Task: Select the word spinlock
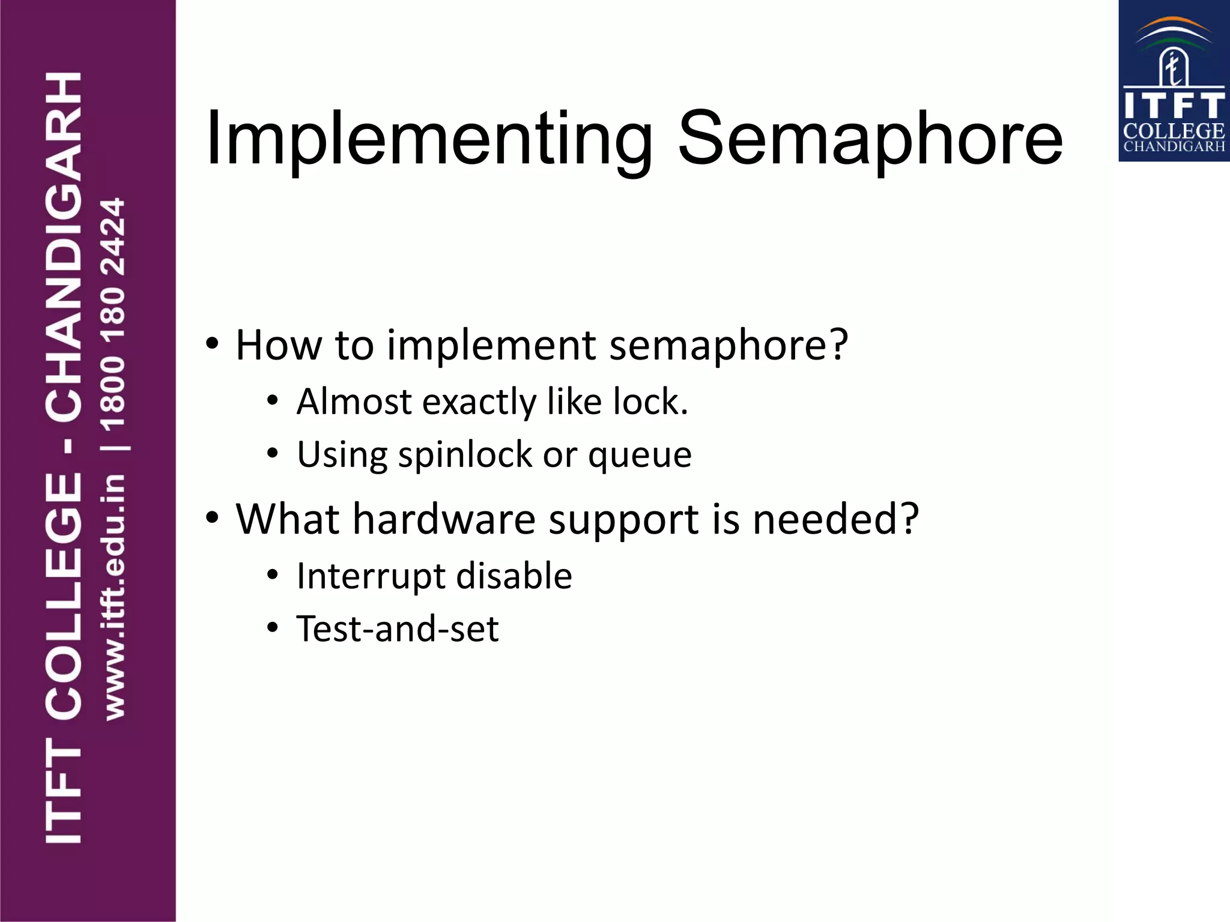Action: [x=465, y=455]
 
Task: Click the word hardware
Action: [x=444, y=519]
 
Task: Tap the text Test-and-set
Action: [x=398, y=629]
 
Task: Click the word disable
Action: [x=514, y=576]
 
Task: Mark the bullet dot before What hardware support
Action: [x=211, y=517]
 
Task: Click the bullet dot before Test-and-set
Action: [x=273, y=628]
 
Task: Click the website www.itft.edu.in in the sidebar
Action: [x=114, y=597]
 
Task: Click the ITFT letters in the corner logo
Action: [x=1174, y=106]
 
